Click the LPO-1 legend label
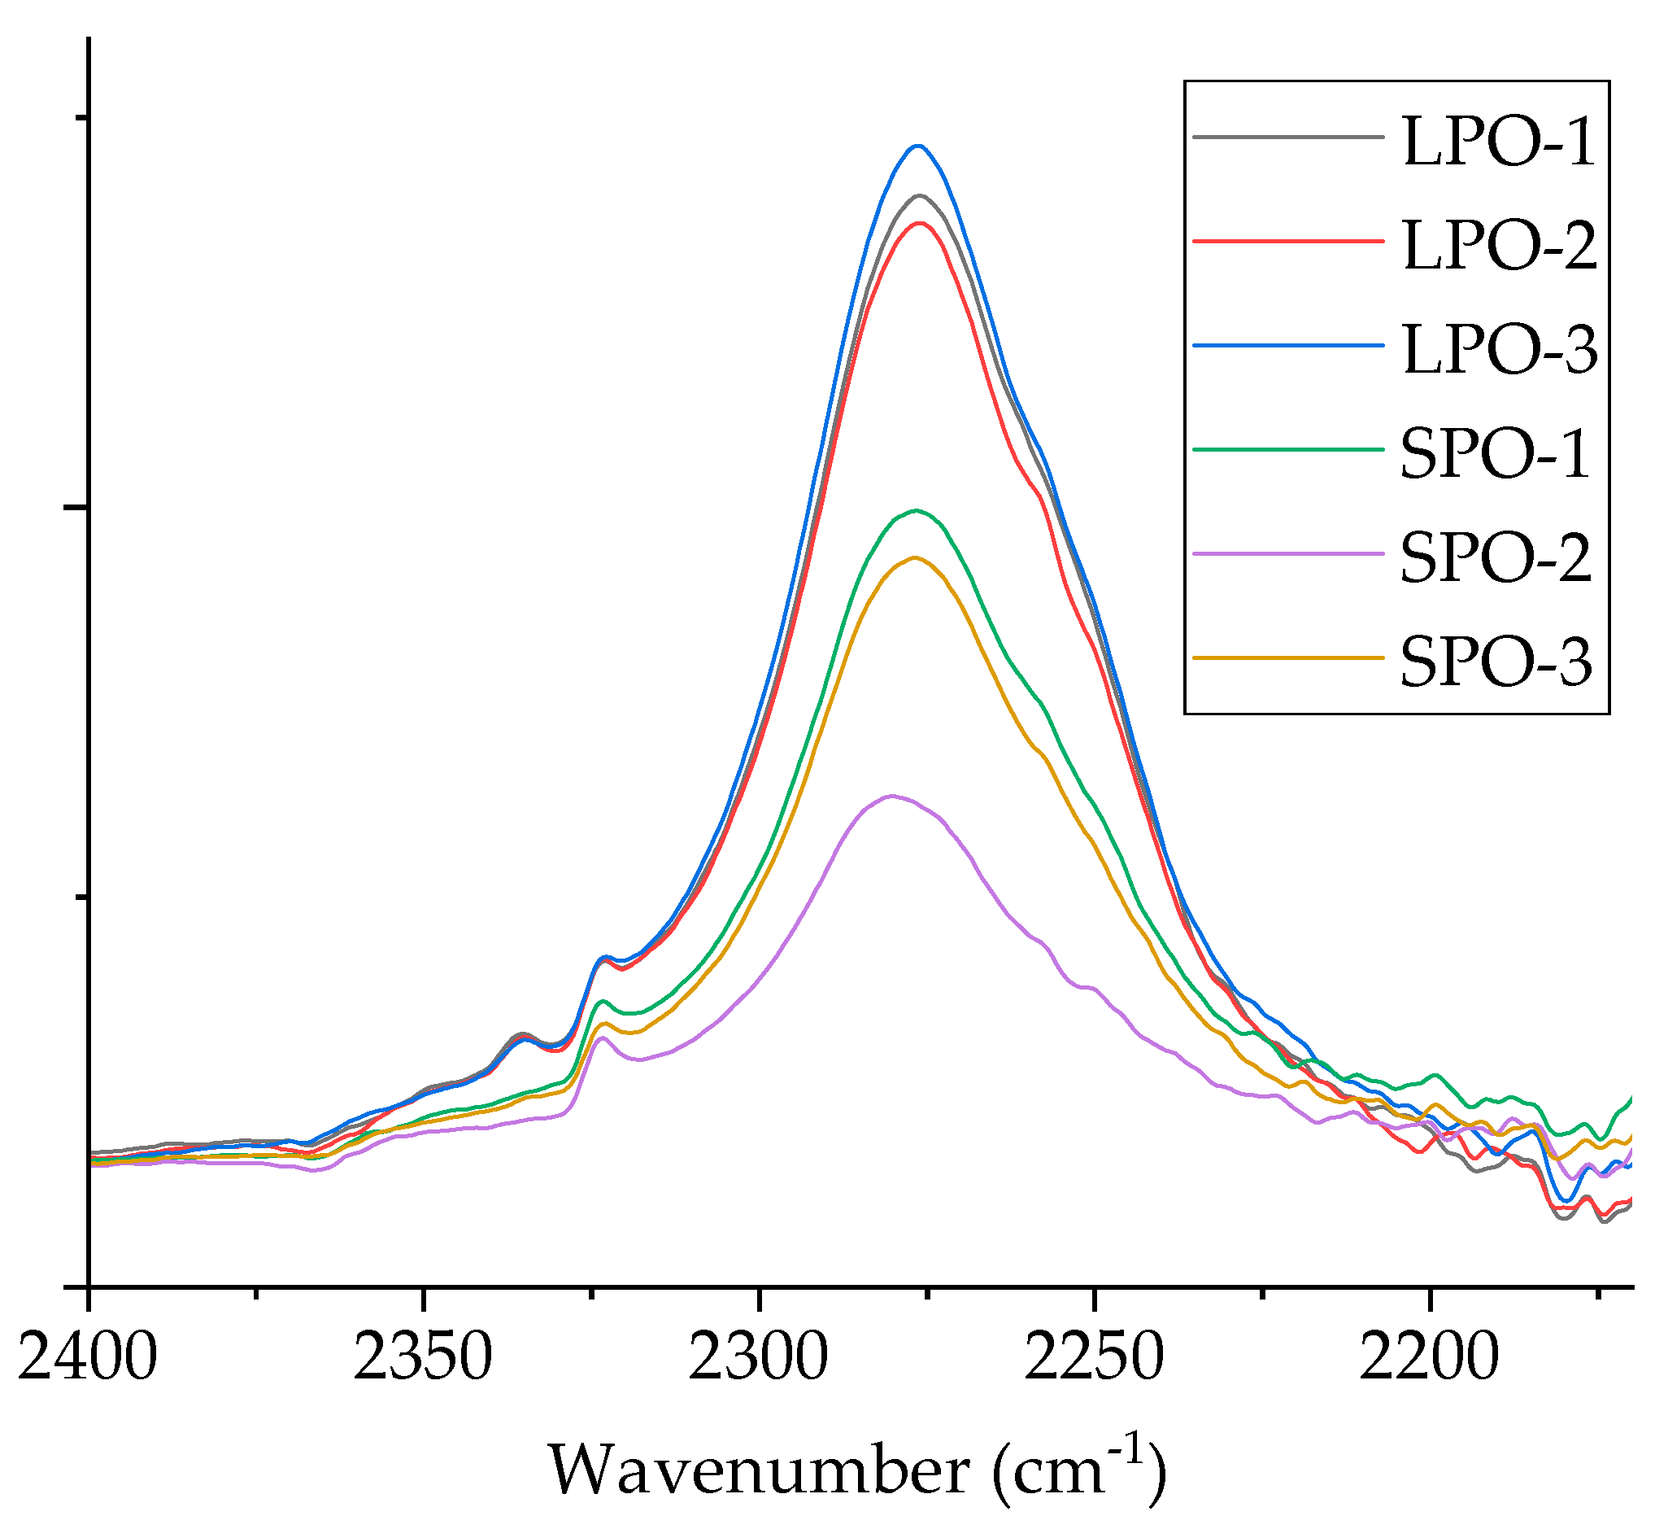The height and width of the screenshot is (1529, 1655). [1498, 143]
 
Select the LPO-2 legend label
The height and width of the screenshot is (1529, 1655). [1498, 247]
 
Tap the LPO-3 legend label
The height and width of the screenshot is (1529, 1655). [1498, 350]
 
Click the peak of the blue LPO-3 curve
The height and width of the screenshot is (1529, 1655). [917, 146]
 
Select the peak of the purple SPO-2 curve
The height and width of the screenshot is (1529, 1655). [891, 796]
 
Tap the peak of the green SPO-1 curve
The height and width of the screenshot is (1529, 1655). [916, 510]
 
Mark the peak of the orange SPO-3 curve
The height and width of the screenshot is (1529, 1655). [914, 557]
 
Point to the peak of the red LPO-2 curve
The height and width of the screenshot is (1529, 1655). [918, 223]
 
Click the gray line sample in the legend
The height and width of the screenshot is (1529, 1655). [1287, 138]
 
